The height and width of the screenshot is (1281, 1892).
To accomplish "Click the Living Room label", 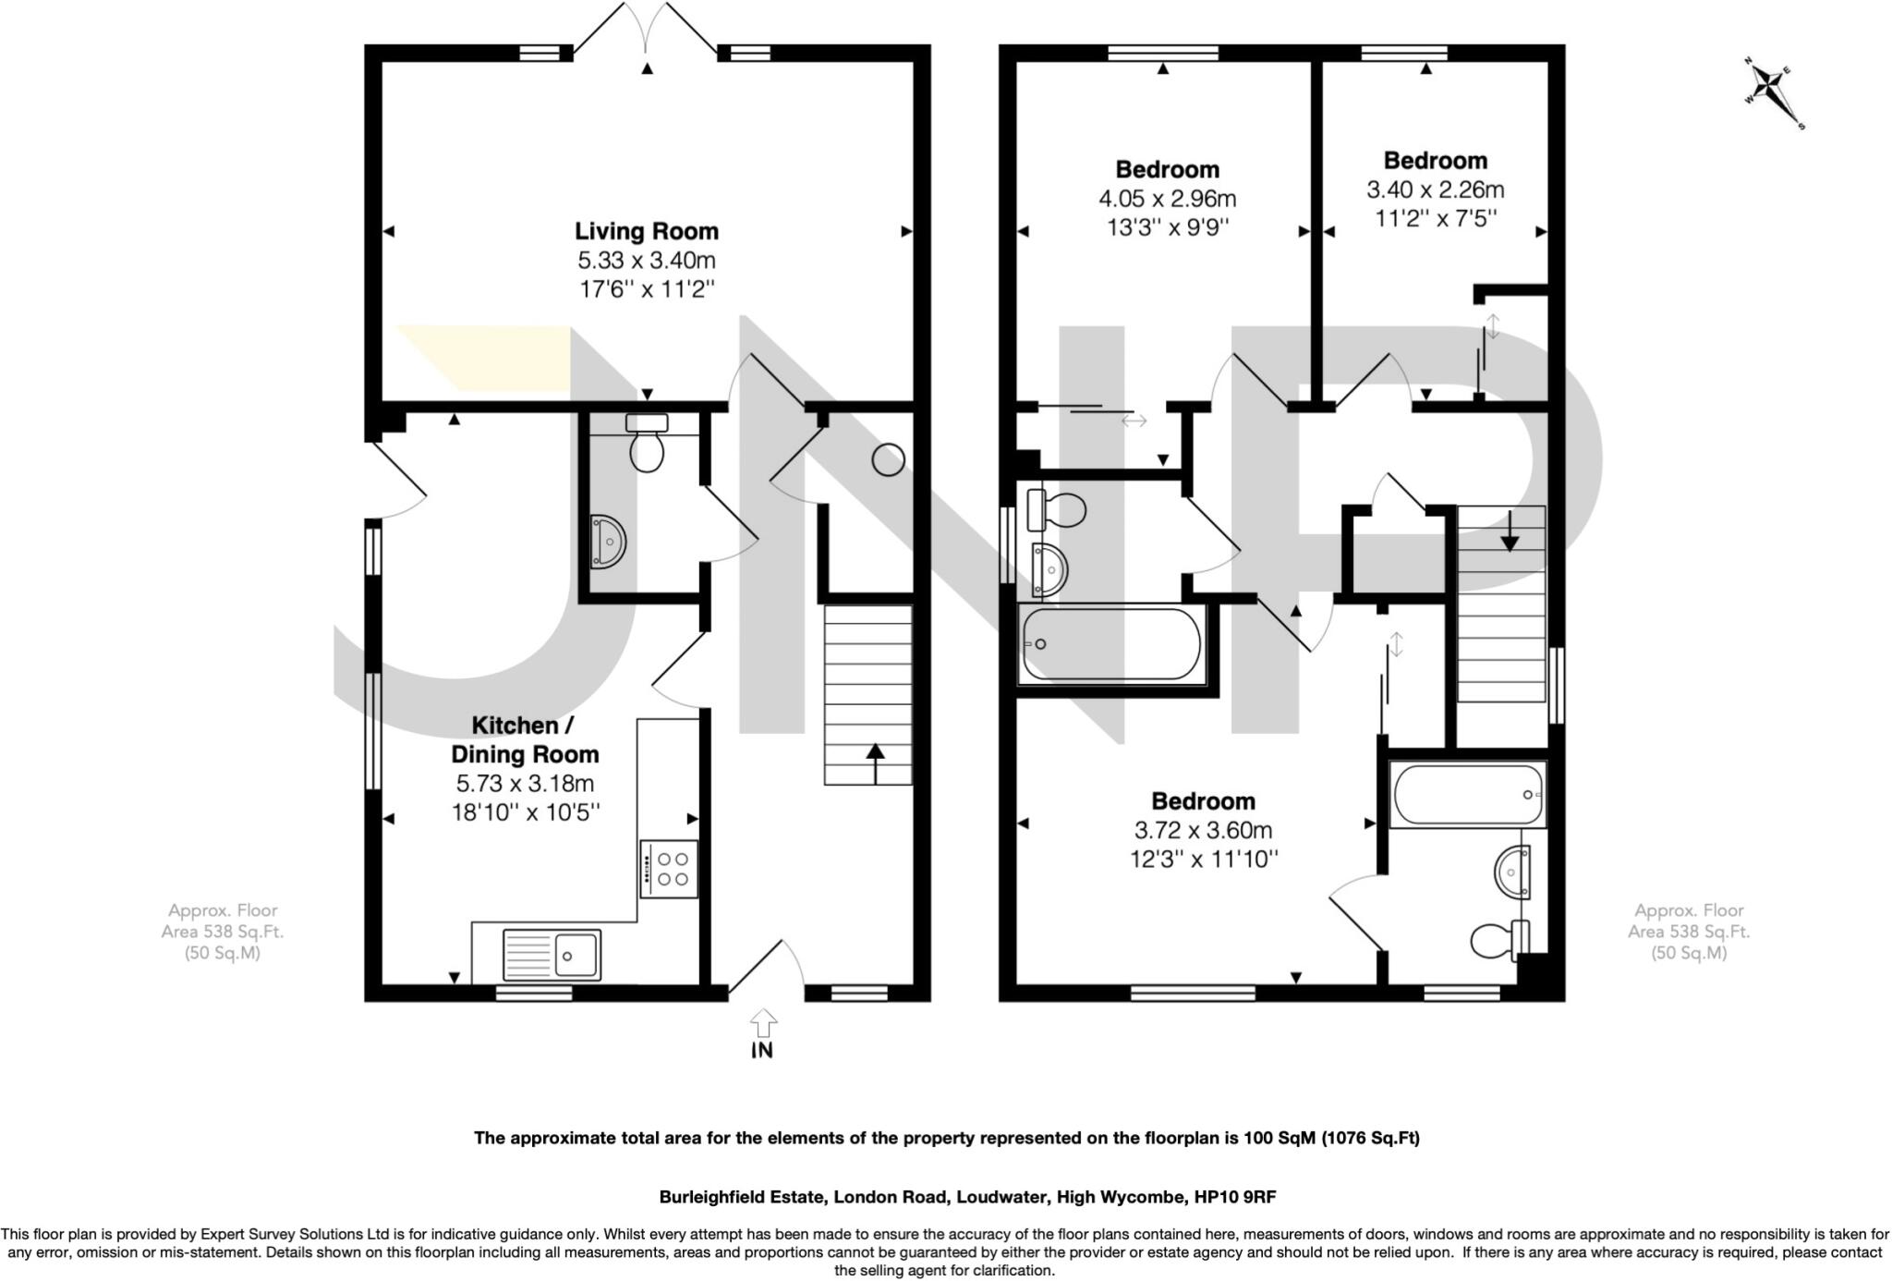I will [x=646, y=231].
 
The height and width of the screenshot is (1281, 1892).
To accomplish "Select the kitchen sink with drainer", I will [x=552, y=954].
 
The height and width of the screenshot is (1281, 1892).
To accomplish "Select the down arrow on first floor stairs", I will [x=1510, y=531].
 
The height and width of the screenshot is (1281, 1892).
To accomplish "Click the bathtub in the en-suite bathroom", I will [x=1467, y=795].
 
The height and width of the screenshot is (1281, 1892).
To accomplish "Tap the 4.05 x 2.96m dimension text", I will [x=1167, y=199].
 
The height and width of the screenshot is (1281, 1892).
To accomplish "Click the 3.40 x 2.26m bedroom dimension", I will [x=1435, y=190].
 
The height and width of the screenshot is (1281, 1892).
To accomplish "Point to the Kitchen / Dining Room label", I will [x=525, y=739].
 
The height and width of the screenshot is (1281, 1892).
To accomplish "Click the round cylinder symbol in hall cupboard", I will [x=889, y=459].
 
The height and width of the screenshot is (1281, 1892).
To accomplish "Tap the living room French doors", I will [x=646, y=32].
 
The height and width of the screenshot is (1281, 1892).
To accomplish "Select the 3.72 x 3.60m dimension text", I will [x=1203, y=830].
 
